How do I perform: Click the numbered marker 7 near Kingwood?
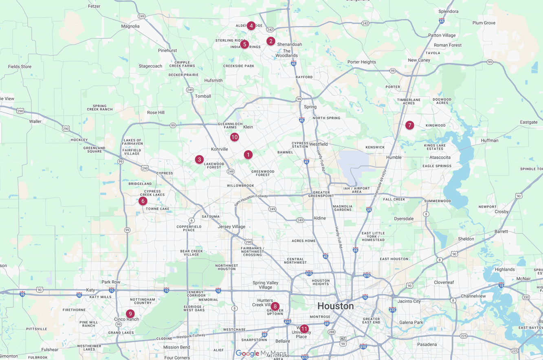click(409, 125)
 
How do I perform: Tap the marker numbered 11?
click(304, 329)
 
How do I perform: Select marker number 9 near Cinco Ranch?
click(130, 314)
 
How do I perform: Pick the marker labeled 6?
click(143, 201)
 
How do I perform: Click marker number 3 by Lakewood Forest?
click(199, 159)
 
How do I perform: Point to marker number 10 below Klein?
click(234, 137)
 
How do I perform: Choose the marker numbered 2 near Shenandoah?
click(271, 41)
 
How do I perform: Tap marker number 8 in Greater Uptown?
click(275, 306)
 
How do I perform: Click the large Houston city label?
click(335, 306)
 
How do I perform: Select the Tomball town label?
click(203, 96)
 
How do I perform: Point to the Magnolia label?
click(130, 26)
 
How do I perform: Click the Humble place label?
click(394, 157)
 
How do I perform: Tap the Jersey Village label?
click(231, 227)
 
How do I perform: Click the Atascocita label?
click(437, 157)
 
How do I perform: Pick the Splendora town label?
click(448, 11)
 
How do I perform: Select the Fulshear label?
click(50, 349)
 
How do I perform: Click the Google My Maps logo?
click(261, 353)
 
